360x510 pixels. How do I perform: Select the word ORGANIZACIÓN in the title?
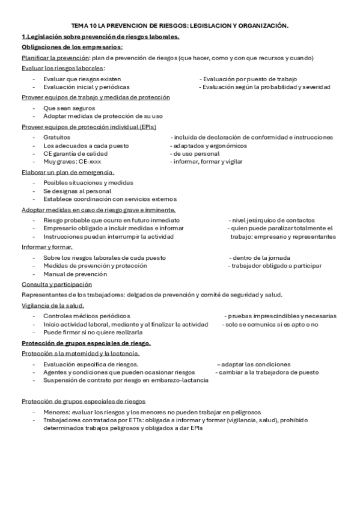pos(261,26)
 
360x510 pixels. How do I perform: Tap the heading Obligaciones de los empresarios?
pos(72,47)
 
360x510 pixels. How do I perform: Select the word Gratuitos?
pos(57,137)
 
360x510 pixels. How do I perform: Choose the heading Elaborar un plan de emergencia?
pos(68,173)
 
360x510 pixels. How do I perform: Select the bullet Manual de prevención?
pos(71,274)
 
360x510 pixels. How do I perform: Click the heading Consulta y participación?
pos(57,284)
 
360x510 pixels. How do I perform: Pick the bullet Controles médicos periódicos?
pos(87,316)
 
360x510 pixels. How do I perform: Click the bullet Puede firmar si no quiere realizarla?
pos(93,332)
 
